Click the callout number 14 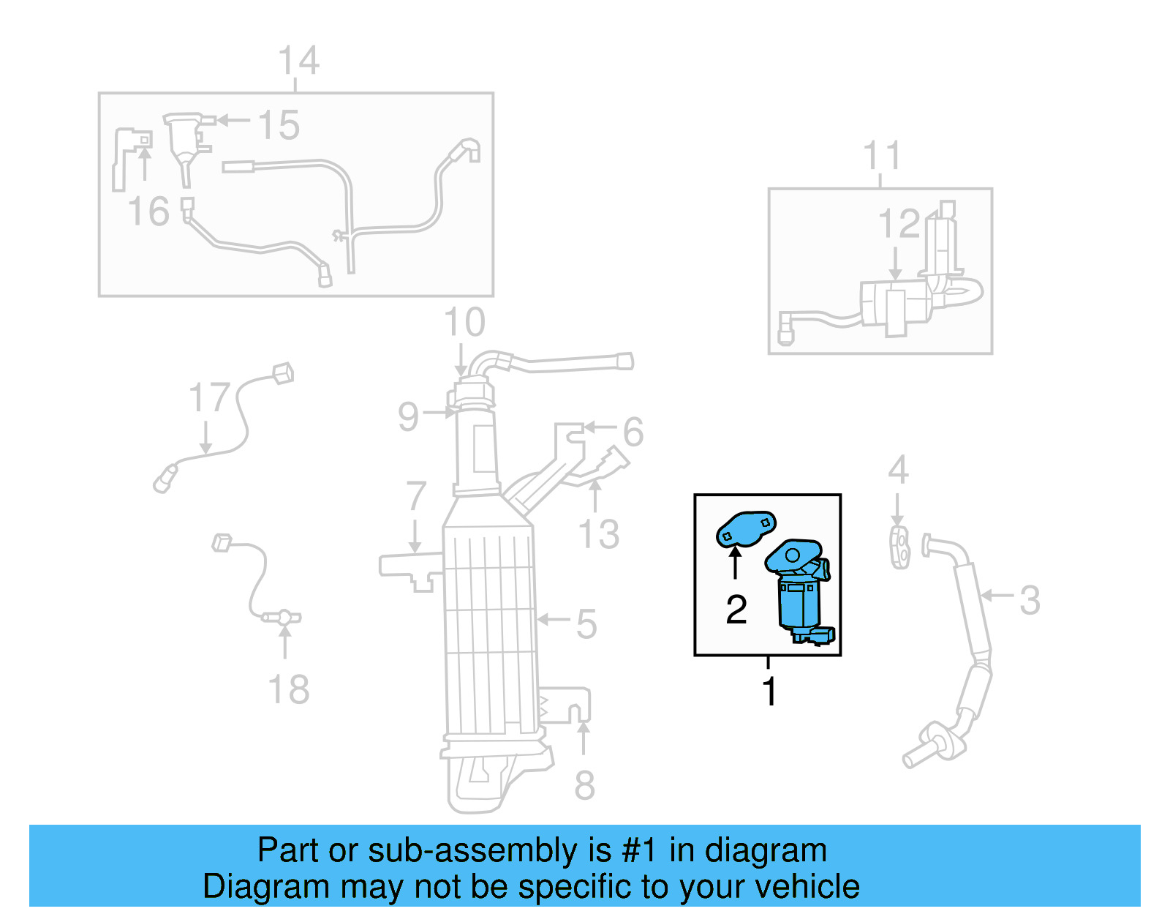point(299,61)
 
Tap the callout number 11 point(881,156)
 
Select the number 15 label point(279,125)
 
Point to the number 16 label point(148,211)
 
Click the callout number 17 point(209,398)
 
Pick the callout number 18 point(289,690)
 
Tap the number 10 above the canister point(464,323)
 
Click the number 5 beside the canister point(586,624)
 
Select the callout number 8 point(584,786)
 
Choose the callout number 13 point(598,534)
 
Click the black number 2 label point(736,610)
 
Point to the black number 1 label point(769,692)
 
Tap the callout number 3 point(1030,600)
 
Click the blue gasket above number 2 point(745,529)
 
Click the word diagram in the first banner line point(766,850)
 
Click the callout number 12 point(899,224)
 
